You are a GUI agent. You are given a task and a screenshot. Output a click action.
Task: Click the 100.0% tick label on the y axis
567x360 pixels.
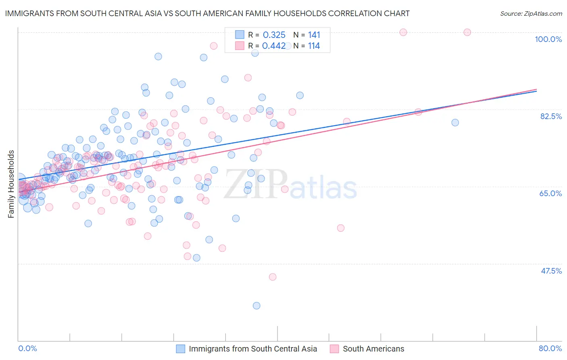(x=548, y=39)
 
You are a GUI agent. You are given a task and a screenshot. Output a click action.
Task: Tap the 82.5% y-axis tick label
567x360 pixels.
(x=551, y=116)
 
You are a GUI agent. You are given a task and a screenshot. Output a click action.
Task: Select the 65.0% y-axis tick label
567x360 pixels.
(x=550, y=193)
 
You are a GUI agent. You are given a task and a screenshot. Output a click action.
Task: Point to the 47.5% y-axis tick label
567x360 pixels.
(x=551, y=271)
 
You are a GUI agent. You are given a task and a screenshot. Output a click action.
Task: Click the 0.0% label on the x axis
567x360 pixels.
(x=27, y=348)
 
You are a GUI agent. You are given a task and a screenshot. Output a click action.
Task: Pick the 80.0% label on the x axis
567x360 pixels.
(x=550, y=348)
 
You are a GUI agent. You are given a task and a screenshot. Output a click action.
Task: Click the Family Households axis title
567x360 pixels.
(x=11, y=184)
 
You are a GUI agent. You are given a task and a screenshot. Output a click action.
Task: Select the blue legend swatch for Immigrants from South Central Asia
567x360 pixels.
(x=181, y=349)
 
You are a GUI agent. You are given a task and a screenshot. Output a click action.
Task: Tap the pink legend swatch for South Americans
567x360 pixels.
(x=334, y=349)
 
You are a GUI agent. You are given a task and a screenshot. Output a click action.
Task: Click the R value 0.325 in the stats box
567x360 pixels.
(x=274, y=35)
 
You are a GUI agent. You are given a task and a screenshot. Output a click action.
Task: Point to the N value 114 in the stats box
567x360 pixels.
(x=314, y=46)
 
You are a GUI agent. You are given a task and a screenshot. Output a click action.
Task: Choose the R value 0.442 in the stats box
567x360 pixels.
(x=274, y=46)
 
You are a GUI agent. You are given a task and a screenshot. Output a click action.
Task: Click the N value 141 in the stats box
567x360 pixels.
(x=314, y=35)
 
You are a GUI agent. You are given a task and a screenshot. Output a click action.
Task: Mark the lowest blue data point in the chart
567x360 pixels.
(x=256, y=306)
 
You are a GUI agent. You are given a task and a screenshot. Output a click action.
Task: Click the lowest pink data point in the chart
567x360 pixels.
(x=273, y=277)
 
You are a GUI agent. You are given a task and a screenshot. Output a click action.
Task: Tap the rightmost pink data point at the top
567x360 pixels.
(x=467, y=32)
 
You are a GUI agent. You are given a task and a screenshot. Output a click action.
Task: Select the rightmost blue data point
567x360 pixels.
(x=455, y=123)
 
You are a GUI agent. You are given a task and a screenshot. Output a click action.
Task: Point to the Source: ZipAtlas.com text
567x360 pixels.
(x=531, y=14)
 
